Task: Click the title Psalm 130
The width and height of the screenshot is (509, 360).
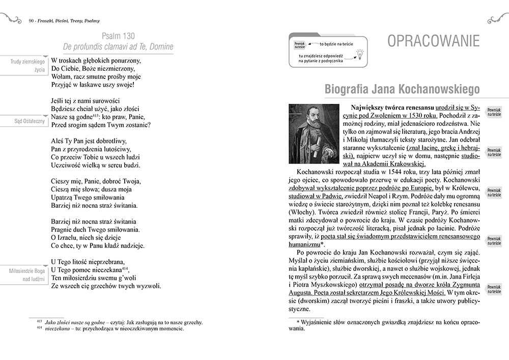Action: [x=118, y=36]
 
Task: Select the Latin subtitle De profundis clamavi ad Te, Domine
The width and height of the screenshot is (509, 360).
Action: [x=118, y=47]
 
